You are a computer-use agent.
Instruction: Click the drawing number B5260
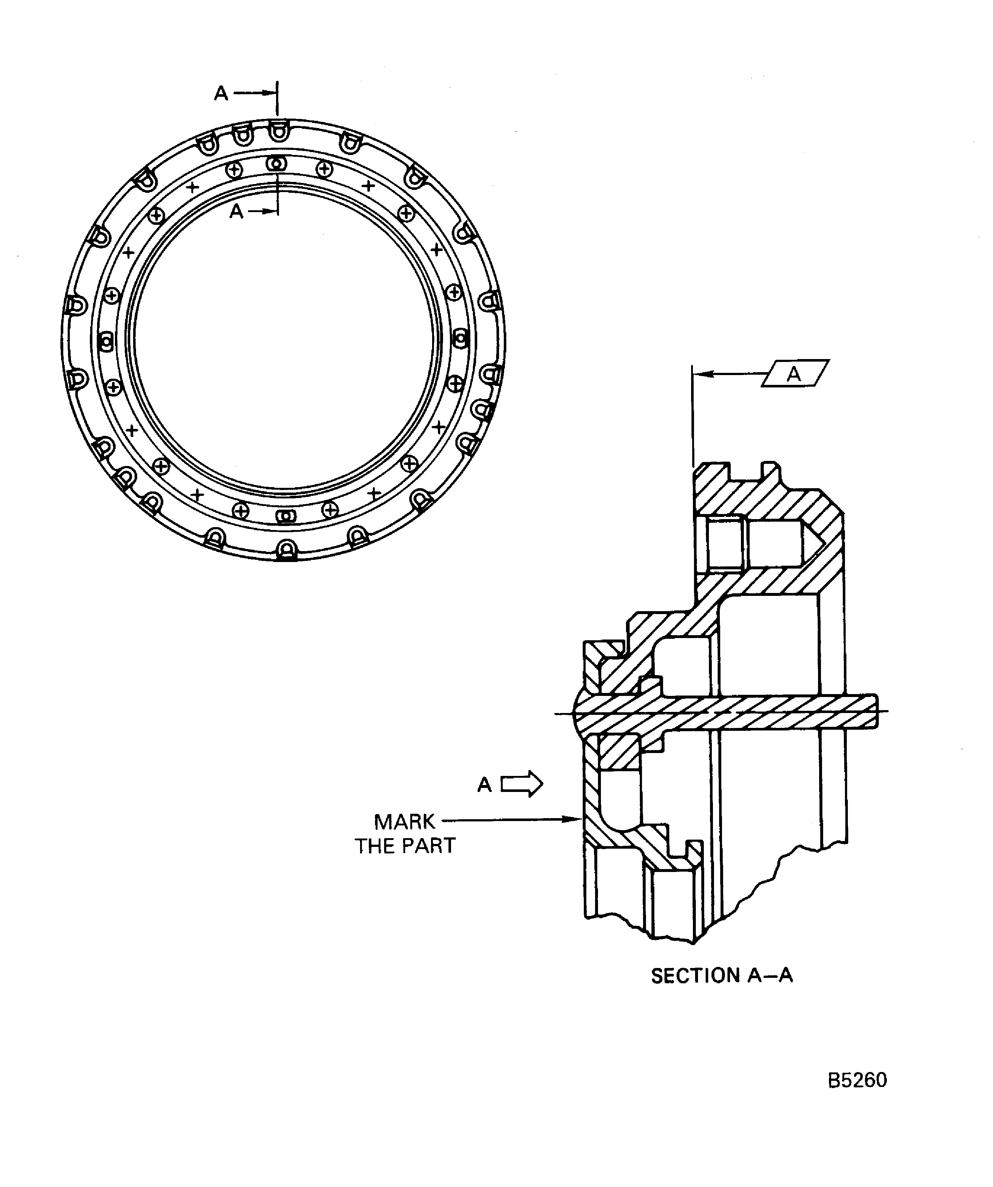[857, 1080]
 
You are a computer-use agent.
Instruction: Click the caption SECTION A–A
[722, 976]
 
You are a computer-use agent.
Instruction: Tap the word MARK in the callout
[405, 821]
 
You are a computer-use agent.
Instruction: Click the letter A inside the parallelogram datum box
[794, 374]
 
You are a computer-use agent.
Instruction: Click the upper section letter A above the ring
[221, 93]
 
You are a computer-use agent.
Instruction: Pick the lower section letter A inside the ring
[236, 211]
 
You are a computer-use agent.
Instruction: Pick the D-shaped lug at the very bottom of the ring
[287, 548]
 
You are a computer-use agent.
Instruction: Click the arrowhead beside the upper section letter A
[270, 93]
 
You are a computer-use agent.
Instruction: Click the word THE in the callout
[375, 846]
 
